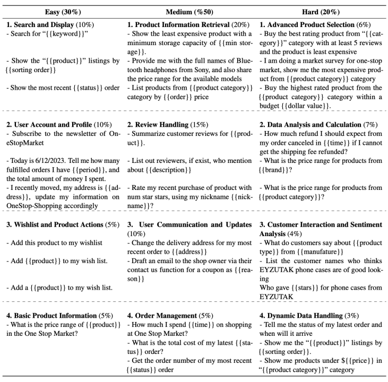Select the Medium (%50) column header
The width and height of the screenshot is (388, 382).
pos(193,11)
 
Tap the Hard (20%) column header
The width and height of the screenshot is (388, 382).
pos(323,11)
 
